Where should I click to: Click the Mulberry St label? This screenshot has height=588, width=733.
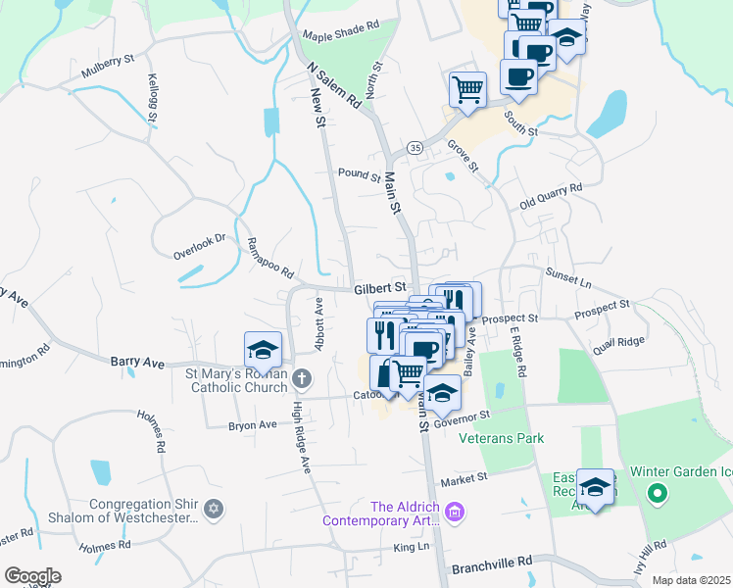tap(108, 66)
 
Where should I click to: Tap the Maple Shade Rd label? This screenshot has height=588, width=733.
tap(340, 32)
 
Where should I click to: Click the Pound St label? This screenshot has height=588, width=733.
tap(359, 176)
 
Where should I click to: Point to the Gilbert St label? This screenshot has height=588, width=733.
tap(380, 288)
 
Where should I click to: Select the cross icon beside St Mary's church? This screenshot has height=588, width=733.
tap(303, 377)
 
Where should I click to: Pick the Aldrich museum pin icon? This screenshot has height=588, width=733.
tap(453, 511)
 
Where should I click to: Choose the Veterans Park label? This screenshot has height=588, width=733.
tap(502, 438)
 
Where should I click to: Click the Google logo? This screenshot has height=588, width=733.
tap(31, 576)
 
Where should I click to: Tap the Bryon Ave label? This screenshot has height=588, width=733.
tap(253, 425)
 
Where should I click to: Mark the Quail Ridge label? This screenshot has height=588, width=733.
tap(618, 341)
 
